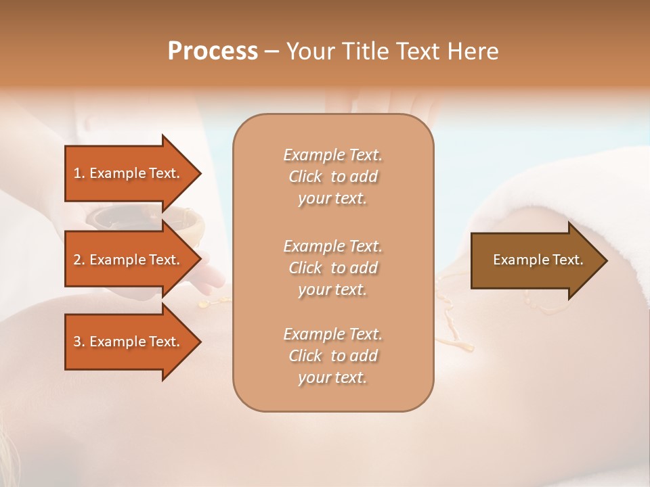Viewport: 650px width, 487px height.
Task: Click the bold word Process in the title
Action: pos(213,51)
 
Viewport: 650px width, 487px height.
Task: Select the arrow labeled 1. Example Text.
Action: pos(126,173)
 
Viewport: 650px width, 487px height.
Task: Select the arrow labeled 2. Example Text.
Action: pos(126,260)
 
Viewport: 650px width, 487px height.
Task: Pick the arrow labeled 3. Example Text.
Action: pos(126,342)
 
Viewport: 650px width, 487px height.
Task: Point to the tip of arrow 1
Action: pos(199,173)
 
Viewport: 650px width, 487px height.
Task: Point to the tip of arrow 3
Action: pos(199,342)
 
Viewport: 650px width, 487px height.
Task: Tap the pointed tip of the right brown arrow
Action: pos(606,260)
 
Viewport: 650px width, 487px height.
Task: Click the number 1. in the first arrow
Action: pos(79,173)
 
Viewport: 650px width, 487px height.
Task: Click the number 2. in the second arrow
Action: pos(79,260)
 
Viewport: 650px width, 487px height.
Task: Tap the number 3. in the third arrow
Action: pos(79,342)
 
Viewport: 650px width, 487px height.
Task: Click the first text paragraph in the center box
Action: pos(332,177)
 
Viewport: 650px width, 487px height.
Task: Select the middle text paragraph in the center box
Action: pos(332,268)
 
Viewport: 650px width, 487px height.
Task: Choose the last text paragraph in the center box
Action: pos(332,356)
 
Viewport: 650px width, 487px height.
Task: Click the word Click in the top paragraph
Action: pos(305,177)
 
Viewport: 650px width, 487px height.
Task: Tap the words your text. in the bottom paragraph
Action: pos(332,377)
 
